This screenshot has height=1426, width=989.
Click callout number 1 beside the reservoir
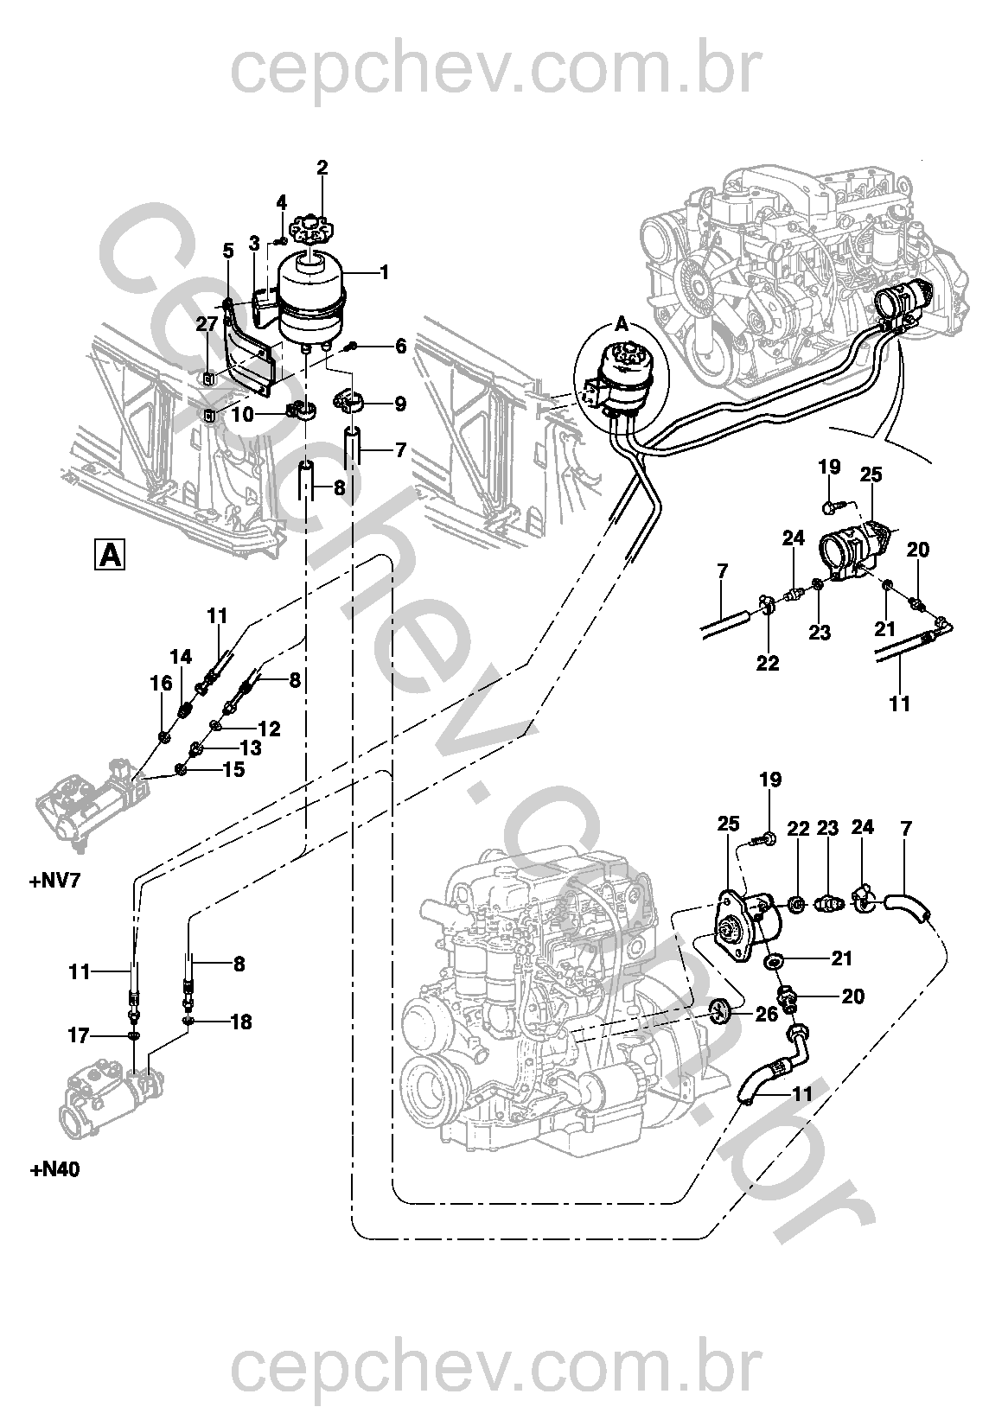point(383,272)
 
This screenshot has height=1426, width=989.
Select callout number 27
point(207,324)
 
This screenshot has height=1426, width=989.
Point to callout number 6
point(400,347)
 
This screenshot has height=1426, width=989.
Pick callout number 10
point(243,415)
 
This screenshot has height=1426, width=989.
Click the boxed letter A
point(110,555)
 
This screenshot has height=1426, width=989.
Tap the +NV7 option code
point(54,882)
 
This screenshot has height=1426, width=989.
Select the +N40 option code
point(54,1169)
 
